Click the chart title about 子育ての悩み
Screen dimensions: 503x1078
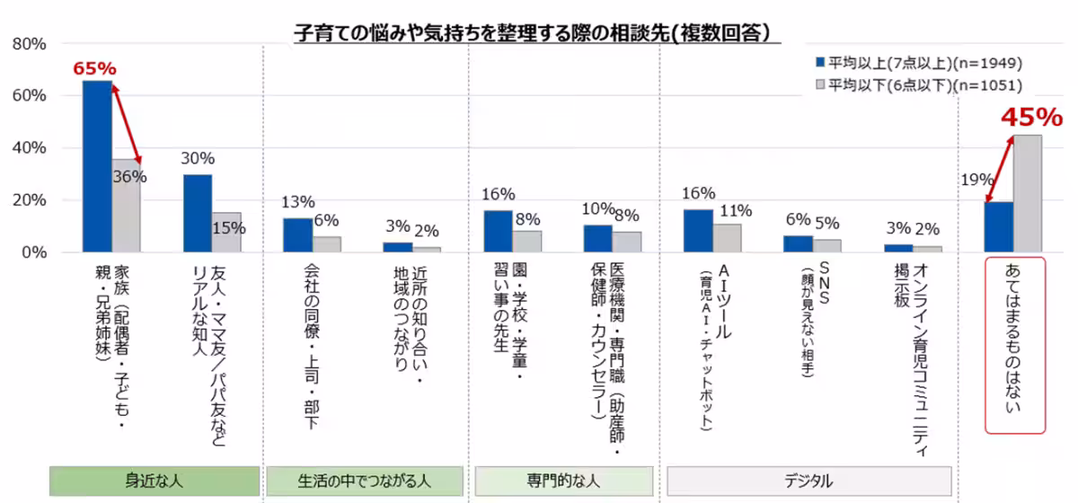(536, 33)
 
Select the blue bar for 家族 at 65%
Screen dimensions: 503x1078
(97, 166)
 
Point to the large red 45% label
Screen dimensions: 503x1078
(1031, 118)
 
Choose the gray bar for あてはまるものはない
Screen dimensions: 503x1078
(1028, 193)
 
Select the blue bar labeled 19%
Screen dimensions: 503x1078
(998, 226)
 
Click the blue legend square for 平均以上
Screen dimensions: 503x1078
(819, 63)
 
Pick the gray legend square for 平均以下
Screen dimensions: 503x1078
(819, 85)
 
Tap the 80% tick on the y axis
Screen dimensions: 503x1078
(29, 44)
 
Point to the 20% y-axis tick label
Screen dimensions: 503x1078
(29, 200)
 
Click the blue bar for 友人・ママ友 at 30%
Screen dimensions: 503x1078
(198, 213)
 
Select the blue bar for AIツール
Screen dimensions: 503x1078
(698, 231)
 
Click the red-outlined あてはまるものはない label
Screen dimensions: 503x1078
(1016, 346)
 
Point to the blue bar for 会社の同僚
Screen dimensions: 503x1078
(297, 234)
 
